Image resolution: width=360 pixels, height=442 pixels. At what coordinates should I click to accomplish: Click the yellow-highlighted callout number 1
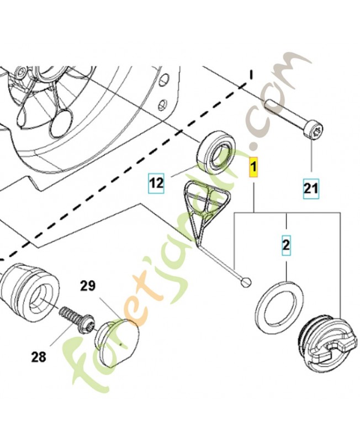[x=253, y=166]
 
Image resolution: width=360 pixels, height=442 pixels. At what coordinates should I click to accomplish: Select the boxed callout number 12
[x=157, y=183]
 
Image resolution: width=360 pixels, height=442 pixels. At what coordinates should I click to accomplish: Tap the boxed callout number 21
[x=311, y=188]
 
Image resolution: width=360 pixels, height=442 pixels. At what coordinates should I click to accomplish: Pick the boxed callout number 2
[x=286, y=245]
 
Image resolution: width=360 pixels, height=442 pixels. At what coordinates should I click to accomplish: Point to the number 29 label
[x=88, y=286]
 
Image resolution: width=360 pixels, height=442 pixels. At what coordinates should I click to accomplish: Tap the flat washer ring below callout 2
[x=280, y=307]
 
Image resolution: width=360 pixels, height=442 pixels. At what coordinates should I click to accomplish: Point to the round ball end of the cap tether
[x=246, y=282]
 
